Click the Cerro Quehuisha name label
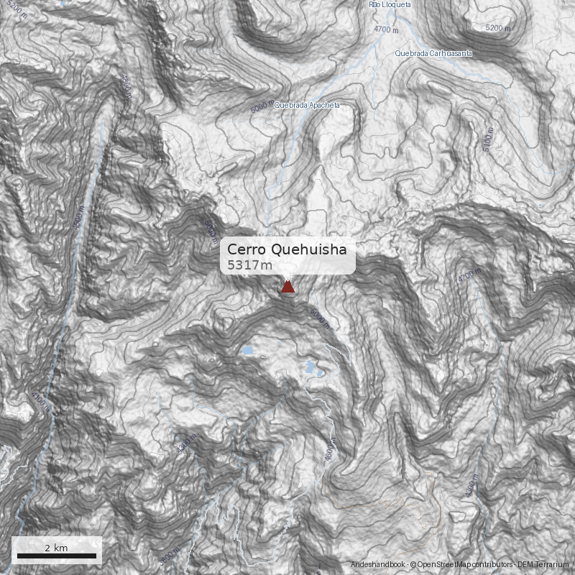tap(287, 249)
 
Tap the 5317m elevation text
tap(250, 265)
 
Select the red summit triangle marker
tap(287, 287)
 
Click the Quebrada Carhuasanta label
tap(434, 53)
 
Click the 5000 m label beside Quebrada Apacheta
tap(262, 106)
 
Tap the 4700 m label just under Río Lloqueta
tap(386, 29)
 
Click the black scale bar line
tap(57, 556)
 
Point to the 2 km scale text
tap(56, 548)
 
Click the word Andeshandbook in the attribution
tap(378, 565)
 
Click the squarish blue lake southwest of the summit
tap(247, 351)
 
